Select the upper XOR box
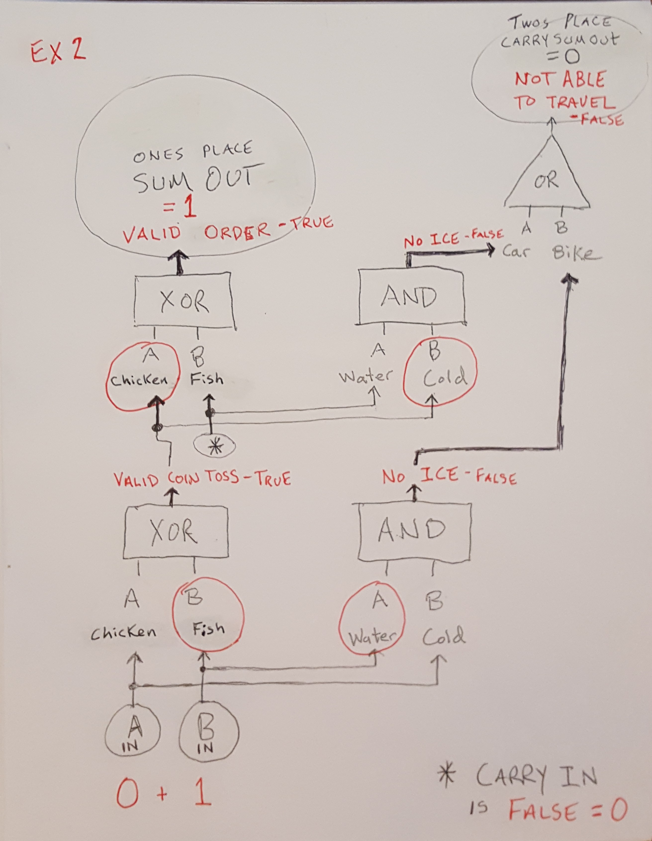click(x=184, y=301)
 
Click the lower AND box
click(x=414, y=533)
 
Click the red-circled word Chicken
click(x=139, y=380)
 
